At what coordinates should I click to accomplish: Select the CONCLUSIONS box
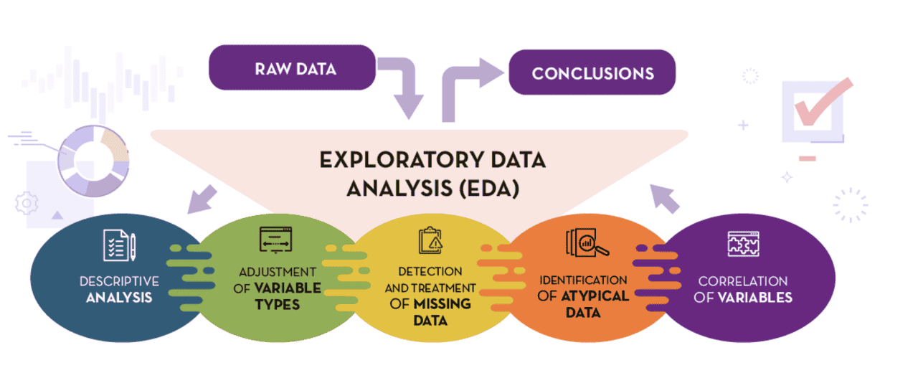coord(592,72)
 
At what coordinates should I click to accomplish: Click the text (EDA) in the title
coord(488,189)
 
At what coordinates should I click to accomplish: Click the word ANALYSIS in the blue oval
coord(119,296)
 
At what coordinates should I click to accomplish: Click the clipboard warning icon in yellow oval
coord(430,240)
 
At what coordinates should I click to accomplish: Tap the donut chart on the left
coord(93,161)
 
